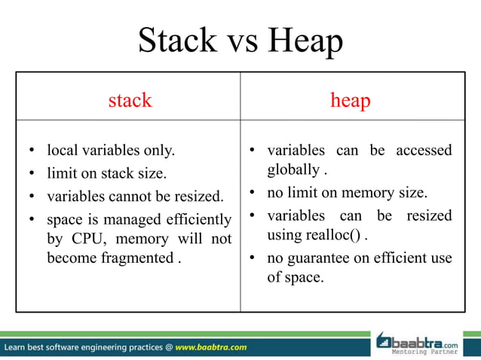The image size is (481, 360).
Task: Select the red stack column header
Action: (x=130, y=99)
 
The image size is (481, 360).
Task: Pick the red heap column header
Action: (x=351, y=99)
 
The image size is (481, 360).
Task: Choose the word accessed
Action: (x=420, y=150)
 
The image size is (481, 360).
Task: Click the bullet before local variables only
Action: (x=33, y=151)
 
